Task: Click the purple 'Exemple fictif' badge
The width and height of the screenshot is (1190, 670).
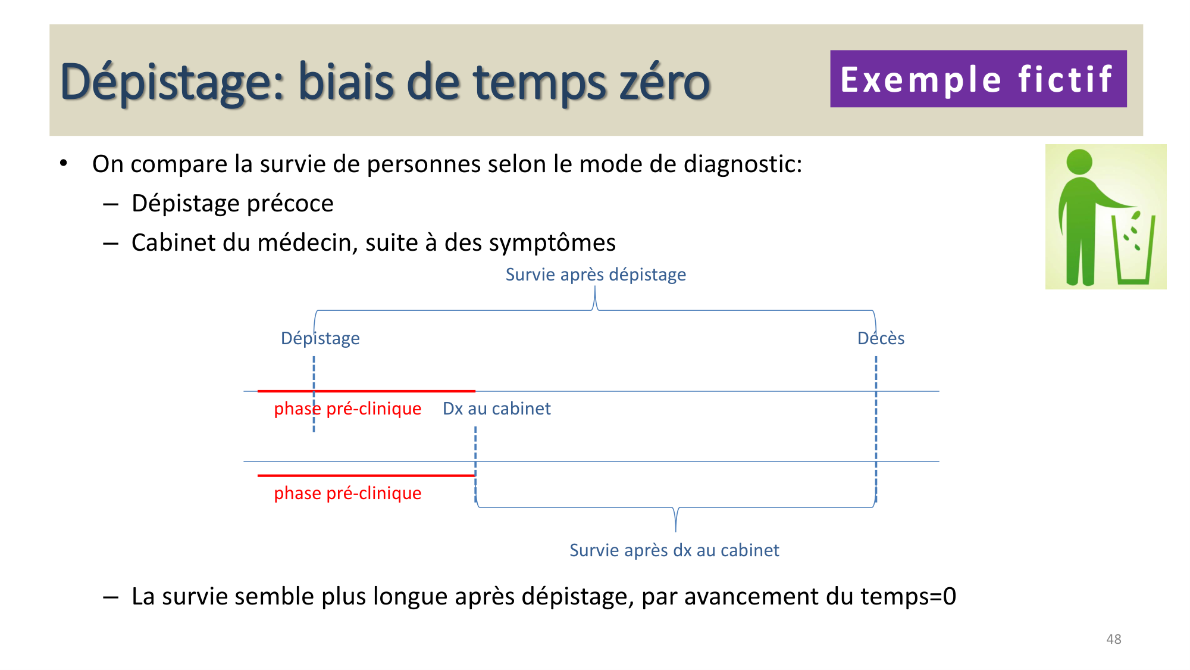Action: click(978, 79)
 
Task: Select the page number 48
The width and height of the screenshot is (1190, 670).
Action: click(1113, 639)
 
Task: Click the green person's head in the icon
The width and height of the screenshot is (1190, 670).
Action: click(1079, 161)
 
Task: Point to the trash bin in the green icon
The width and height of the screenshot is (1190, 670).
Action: click(1133, 250)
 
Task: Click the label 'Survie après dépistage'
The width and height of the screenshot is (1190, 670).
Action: click(595, 275)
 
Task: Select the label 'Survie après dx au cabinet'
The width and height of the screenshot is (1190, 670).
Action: click(674, 550)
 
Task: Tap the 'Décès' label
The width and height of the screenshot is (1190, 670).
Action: click(881, 338)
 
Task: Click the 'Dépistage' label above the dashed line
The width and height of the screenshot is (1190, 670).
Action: click(320, 338)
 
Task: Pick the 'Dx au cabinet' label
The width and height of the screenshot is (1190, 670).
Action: click(496, 409)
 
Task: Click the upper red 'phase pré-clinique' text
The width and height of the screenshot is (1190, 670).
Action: click(347, 409)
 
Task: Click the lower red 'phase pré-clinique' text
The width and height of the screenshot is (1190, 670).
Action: click(347, 493)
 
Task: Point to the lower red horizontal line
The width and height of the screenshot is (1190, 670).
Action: click(366, 475)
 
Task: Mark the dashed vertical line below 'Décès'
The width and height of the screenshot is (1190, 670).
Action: click(876, 429)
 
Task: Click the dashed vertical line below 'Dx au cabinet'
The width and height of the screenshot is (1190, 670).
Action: click(475, 465)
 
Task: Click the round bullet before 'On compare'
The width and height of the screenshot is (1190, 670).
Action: click(64, 163)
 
